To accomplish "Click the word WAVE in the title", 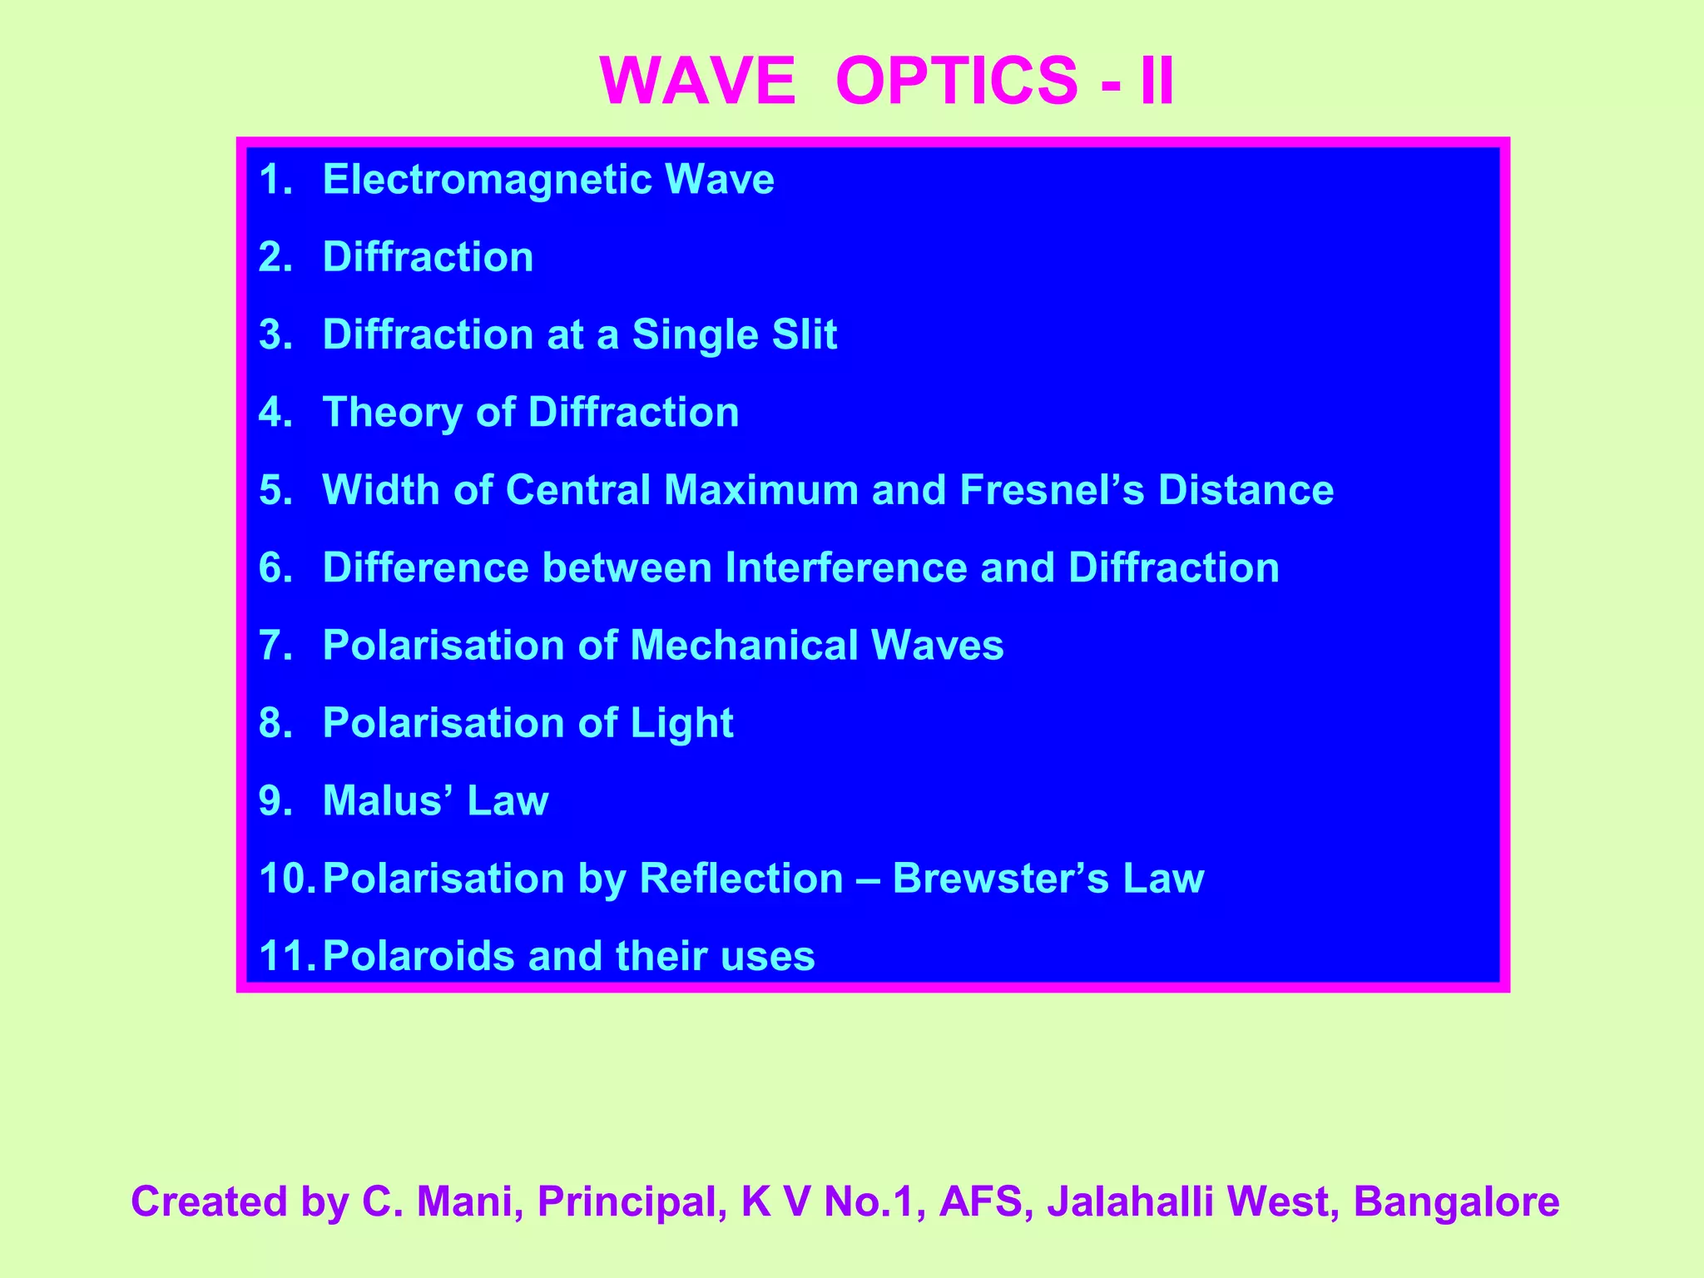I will tap(697, 81).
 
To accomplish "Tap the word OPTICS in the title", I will tap(956, 81).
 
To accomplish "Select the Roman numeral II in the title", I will tap(1157, 81).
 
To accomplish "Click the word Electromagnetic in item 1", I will tap(487, 180).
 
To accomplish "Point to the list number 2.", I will tap(275, 257).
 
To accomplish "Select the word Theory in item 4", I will tap(392, 413).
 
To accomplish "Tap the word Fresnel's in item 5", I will tap(1052, 489).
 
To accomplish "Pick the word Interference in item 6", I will tap(845, 567).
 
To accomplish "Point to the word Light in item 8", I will tap(681, 723).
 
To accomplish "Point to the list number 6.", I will tap(275, 567).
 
